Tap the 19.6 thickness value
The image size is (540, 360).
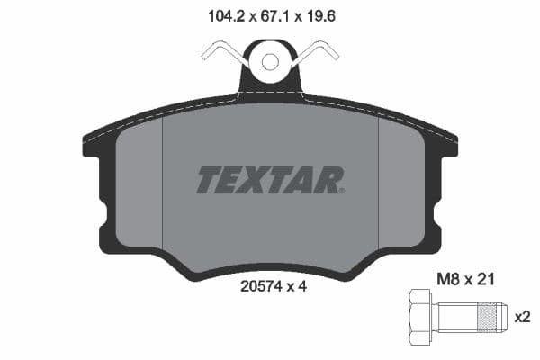(323, 14)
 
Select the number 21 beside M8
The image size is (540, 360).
(485, 280)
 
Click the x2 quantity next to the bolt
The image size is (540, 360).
(521, 316)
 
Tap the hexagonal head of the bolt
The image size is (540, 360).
(420, 316)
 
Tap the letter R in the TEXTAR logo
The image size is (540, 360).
(328, 180)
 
